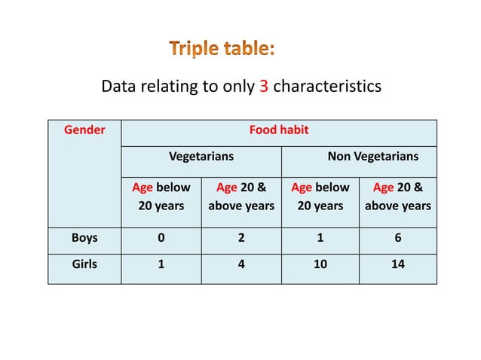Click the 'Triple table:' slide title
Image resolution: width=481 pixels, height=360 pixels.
pos(222,49)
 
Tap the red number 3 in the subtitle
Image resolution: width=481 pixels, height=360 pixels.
pos(264,87)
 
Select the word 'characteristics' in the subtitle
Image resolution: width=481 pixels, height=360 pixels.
pos(326,87)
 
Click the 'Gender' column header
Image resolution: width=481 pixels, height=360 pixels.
pos(84,130)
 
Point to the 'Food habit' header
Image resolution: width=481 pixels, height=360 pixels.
pos(279,130)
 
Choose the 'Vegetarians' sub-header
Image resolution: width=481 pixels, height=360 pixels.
pos(201,157)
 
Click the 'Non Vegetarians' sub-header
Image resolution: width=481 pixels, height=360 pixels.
pos(372,157)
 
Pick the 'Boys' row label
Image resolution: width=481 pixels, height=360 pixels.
pos(84,238)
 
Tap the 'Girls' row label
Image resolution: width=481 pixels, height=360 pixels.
pos(84,264)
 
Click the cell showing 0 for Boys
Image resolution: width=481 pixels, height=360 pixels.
pos(161,238)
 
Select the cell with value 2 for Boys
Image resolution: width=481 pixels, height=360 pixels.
pos(241,238)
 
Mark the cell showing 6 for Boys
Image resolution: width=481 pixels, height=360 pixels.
pos(397,238)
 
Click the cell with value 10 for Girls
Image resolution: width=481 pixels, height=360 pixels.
pos(320,264)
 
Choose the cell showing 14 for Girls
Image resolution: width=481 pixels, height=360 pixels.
pos(397,264)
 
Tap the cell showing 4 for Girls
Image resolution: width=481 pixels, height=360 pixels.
pos(241,264)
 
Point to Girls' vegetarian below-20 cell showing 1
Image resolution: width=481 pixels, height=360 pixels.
pos(161,264)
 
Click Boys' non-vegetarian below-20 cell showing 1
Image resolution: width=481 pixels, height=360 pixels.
pos(320,238)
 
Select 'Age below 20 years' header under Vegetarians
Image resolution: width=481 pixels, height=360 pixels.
pos(161,196)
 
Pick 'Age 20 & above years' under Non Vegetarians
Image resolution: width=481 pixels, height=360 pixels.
pos(397,196)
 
